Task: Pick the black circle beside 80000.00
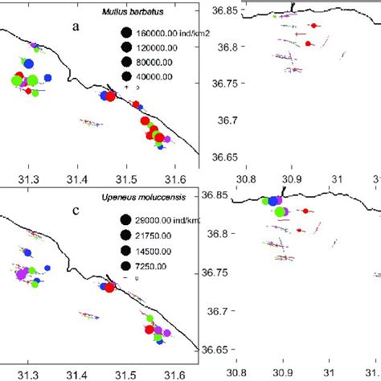click(x=125, y=62)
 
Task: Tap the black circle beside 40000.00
click(x=125, y=76)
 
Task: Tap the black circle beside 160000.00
click(x=125, y=33)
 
